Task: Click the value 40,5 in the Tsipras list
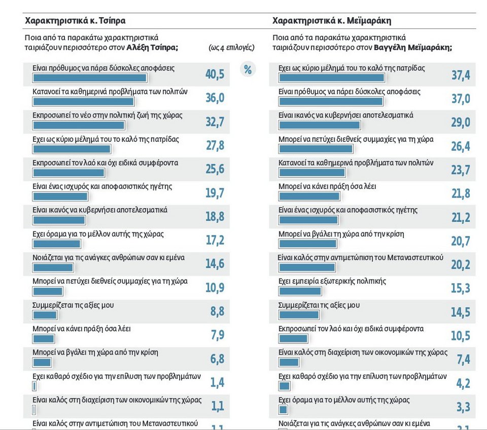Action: click(x=215, y=74)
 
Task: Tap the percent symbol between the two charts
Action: click(x=248, y=69)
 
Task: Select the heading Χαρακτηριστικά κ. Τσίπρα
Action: click(x=75, y=21)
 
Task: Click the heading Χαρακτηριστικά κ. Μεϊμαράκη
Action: click(x=332, y=21)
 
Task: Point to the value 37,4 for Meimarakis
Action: click(x=461, y=75)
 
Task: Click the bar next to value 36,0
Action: click(x=83, y=102)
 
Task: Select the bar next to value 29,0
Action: click(x=320, y=125)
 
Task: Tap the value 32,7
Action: click(x=215, y=122)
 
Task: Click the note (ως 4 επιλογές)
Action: click(x=231, y=48)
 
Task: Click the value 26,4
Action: click(x=461, y=146)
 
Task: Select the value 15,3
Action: click(x=461, y=288)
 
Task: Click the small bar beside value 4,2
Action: click(x=284, y=386)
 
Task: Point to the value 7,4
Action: click(x=463, y=359)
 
